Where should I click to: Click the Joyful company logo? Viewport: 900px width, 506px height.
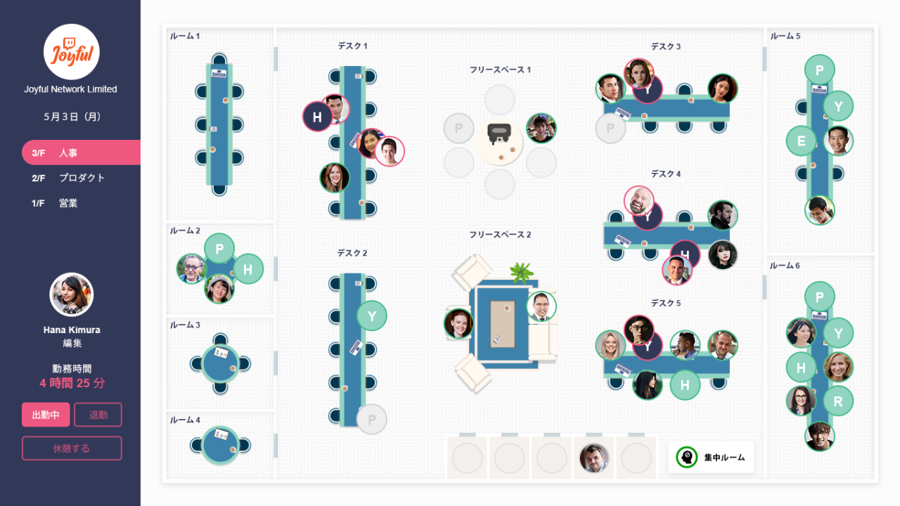(x=71, y=51)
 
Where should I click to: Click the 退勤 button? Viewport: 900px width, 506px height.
(x=98, y=415)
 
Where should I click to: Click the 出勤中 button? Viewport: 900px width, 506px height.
(x=46, y=415)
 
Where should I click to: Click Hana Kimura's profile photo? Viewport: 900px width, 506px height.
(x=71, y=294)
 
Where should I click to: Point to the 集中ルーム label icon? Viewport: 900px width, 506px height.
(x=686, y=458)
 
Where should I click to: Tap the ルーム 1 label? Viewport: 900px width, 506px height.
(x=185, y=36)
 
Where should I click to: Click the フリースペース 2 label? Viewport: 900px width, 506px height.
(x=500, y=235)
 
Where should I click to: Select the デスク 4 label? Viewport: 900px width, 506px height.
(x=665, y=174)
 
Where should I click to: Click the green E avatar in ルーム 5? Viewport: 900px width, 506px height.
(x=801, y=141)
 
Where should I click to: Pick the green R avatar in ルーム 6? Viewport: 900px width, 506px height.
(x=837, y=401)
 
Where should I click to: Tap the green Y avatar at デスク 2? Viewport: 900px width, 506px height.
(x=372, y=316)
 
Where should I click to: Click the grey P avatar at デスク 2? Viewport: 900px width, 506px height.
(x=371, y=420)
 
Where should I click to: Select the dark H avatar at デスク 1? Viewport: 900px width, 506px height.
(x=317, y=117)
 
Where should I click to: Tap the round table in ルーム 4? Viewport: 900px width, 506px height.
(x=220, y=445)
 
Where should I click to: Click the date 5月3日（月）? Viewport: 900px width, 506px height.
(x=71, y=117)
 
